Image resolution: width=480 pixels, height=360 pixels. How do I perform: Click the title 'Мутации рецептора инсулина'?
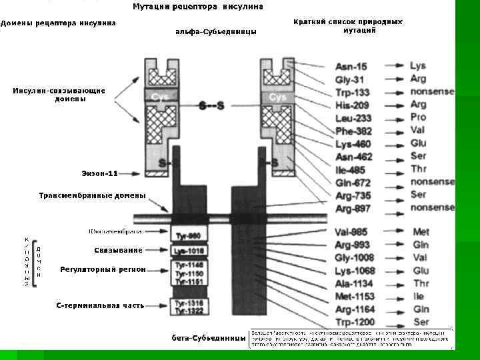[198, 7]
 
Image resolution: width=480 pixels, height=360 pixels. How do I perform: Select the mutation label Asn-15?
[351, 67]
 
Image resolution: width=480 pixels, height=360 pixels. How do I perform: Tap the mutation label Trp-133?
[353, 93]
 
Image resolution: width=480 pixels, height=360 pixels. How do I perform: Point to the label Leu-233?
[353, 118]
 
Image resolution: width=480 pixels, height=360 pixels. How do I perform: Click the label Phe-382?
[353, 131]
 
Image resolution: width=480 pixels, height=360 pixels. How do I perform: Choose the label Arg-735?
[353, 196]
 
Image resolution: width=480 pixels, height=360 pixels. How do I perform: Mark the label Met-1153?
[355, 297]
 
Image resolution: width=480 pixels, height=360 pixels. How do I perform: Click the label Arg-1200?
[355, 322]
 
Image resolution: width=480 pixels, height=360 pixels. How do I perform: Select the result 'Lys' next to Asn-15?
[418, 66]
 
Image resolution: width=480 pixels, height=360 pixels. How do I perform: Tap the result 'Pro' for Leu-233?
[418, 117]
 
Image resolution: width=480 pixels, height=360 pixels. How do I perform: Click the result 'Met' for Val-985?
[421, 232]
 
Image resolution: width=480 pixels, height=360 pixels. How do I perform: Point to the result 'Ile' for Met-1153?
[418, 296]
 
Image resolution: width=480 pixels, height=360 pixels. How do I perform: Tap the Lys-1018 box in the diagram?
[189, 251]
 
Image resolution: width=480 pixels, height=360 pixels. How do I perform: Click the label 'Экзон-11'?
[99, 174]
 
